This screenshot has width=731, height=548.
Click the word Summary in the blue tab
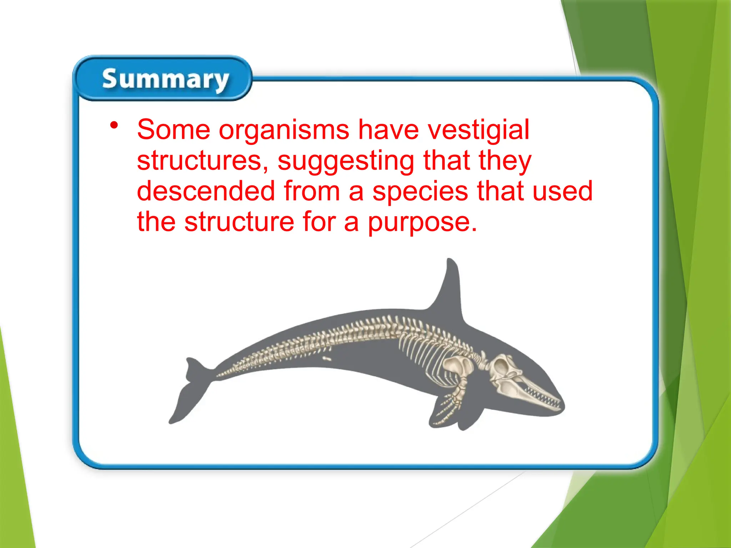coord(165,79)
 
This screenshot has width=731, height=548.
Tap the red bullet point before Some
coord(114,125)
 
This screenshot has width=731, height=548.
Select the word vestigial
coord(478,130)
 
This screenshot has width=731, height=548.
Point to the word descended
coord(206,191)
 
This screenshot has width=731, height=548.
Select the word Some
coord(173,130)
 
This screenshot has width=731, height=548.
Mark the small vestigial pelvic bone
coord(327,359)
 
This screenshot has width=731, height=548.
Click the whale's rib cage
coord(421,353)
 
